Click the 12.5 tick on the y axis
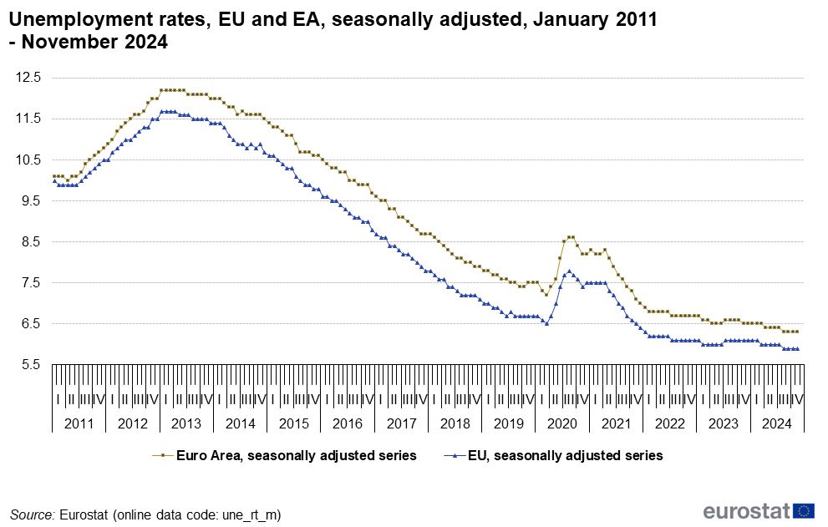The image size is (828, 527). [x=29, y=78]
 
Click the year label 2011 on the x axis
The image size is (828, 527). [x=79, y=423]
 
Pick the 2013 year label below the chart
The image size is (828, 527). [x=186, y=423]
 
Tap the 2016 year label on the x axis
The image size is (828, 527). [x=348, y=423]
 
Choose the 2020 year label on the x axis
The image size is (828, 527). [x=562, y=423]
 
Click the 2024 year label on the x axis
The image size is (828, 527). [x=776, y=423]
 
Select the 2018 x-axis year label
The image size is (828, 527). [x=455, y=423]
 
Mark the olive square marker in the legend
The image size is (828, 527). [x=161, y=456]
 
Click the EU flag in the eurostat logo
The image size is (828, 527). [x=805, y=511]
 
